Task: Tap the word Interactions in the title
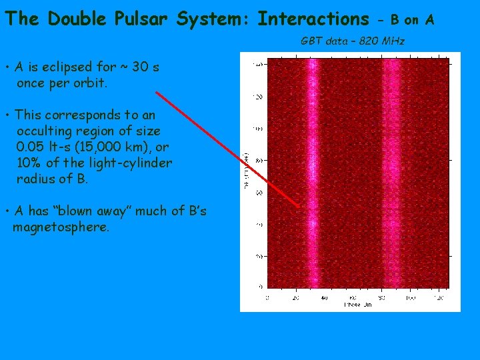point(313,19)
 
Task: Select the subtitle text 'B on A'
point(411,21)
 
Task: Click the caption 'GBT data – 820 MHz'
point(353,41)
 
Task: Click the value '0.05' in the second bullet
point(31,147)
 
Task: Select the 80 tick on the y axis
point(259,161)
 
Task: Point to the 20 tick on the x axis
point(296,297)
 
